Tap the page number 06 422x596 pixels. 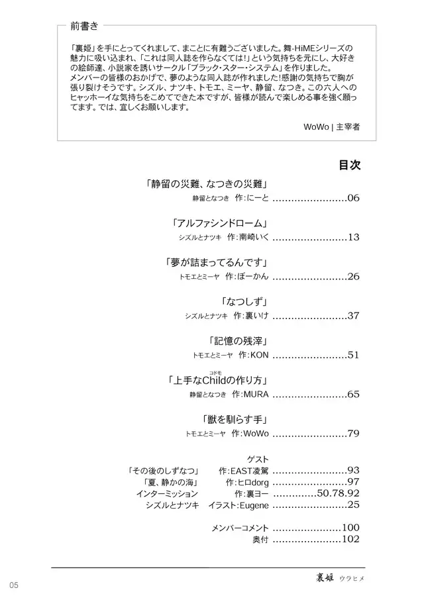(x=352, y=198)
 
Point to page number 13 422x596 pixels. (x=352, y=237)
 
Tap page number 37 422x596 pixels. (x=352, y=316)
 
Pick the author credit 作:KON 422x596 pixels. (x=252, y=356)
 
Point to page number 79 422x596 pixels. (x=352, y=434)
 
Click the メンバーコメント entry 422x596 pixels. (x=240, y=528)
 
